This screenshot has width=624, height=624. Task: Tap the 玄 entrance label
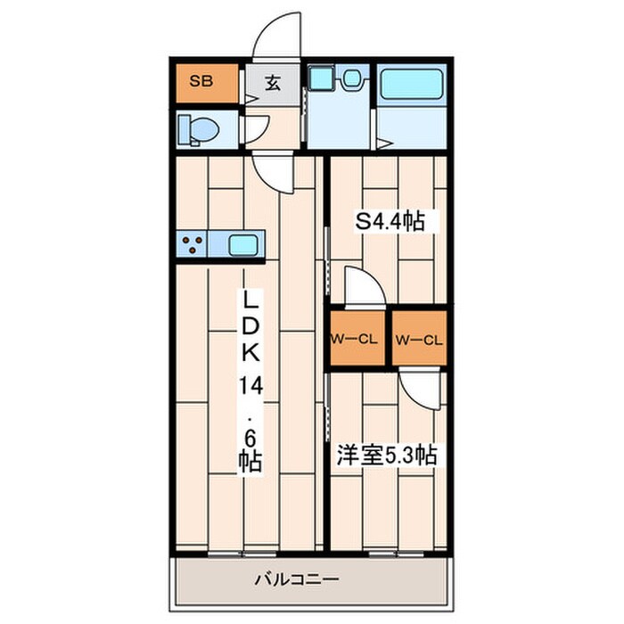tap(274, 85)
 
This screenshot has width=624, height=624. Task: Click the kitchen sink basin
tap(245, 244)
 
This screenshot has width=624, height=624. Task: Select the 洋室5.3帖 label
tap(385, 456)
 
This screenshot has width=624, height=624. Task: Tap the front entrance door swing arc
tap(278, 37)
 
